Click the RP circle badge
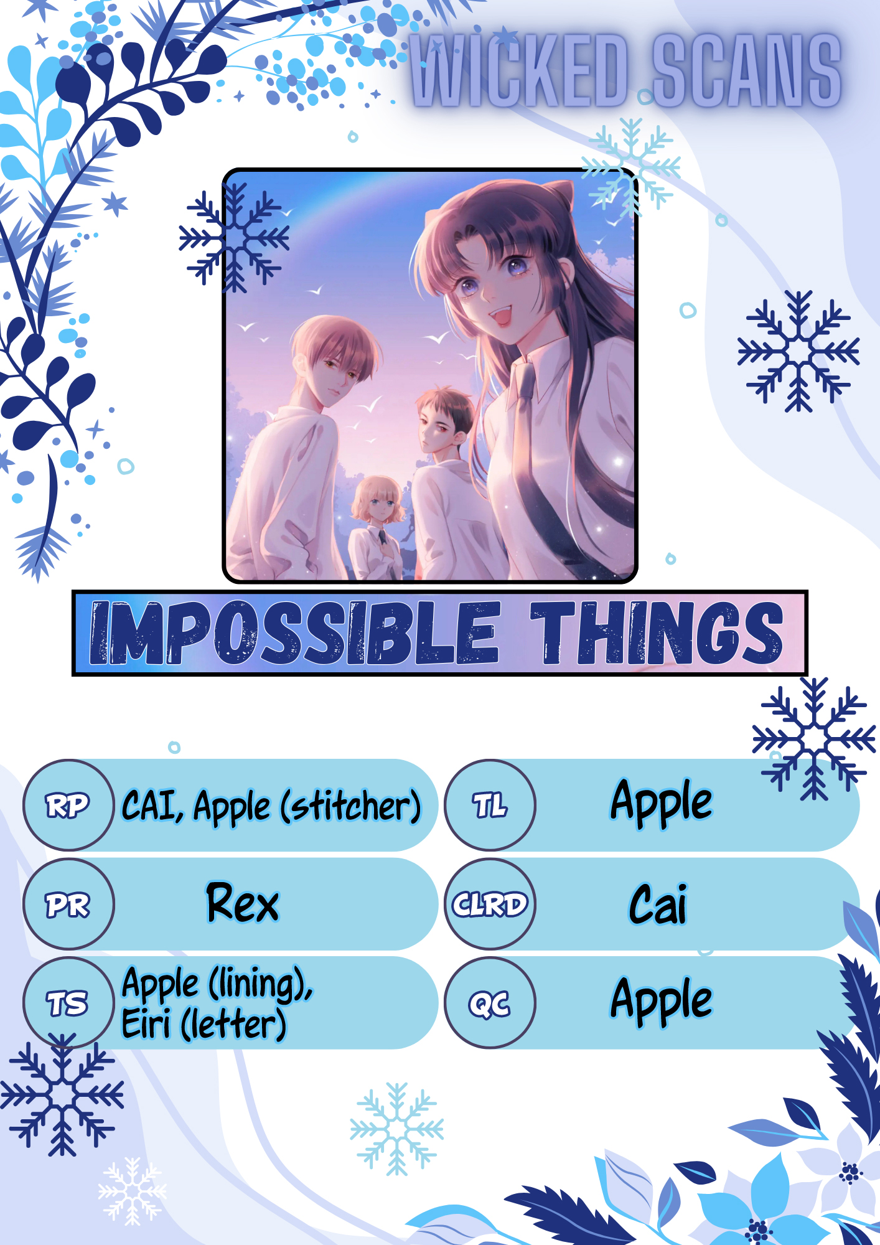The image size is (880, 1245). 68,805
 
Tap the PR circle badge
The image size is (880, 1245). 68,904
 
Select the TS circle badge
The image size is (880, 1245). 68,1003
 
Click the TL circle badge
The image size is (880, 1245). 490,805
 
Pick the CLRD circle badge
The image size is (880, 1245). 490,904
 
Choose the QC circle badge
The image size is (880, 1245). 490,1003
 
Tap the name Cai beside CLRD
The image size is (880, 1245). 658,904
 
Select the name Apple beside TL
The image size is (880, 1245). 662,803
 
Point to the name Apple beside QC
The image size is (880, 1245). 662,1001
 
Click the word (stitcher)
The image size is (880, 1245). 351,807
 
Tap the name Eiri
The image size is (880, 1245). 146,1023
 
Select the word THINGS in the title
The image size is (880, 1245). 657,632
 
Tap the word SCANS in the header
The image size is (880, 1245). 747,70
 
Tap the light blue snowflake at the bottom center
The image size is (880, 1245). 397,1129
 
